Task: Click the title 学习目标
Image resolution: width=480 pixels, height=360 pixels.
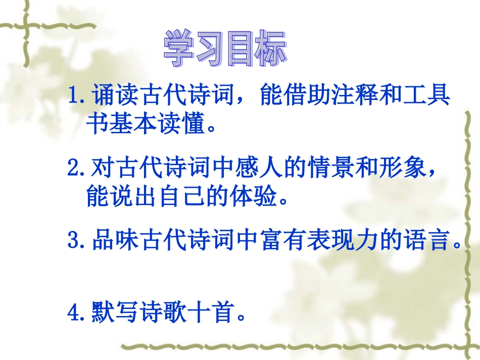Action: pos(225,49)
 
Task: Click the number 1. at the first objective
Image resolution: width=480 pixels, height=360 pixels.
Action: pos(79,95)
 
